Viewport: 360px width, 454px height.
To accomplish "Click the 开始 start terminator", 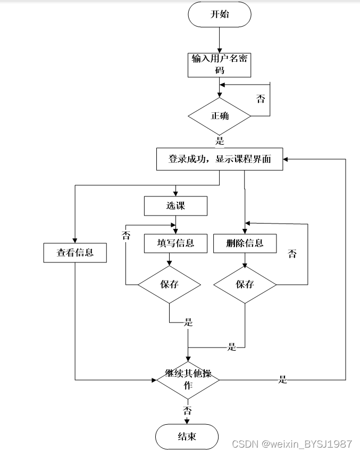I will pos(219,14).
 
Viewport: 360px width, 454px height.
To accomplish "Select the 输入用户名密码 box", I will pos(219,64).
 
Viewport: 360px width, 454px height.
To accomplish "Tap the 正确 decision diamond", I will pos(220,115).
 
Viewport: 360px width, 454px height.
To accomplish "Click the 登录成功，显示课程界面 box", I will pos(219,159).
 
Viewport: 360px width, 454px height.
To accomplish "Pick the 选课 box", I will pos(175,206).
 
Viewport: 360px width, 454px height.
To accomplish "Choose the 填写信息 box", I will pos(175,243).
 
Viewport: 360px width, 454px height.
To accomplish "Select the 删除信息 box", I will pos(245,243).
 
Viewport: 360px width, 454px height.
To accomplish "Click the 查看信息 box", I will pos(75,253).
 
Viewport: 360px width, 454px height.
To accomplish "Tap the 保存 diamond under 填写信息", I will pos(169,284).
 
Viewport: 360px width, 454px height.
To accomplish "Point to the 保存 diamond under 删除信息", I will pos(245,284).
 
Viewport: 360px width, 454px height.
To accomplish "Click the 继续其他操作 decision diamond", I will pos(188,379).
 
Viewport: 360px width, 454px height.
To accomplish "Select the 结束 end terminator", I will pos(187,436).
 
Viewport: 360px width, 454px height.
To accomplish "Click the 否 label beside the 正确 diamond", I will pos(261,99).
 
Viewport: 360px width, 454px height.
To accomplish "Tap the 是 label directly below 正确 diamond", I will pos(220,141).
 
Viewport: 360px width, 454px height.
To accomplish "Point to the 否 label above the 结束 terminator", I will pos(188,410).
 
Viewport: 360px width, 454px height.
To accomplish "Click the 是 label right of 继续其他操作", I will pos(283,379).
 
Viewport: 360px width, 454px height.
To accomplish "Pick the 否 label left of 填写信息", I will pos(126,235).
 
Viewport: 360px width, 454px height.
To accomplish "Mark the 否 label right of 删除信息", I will pos(292,254).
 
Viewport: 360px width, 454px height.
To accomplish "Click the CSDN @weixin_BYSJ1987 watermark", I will pos(292,444).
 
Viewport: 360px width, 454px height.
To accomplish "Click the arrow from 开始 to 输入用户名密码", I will pos(219,39).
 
